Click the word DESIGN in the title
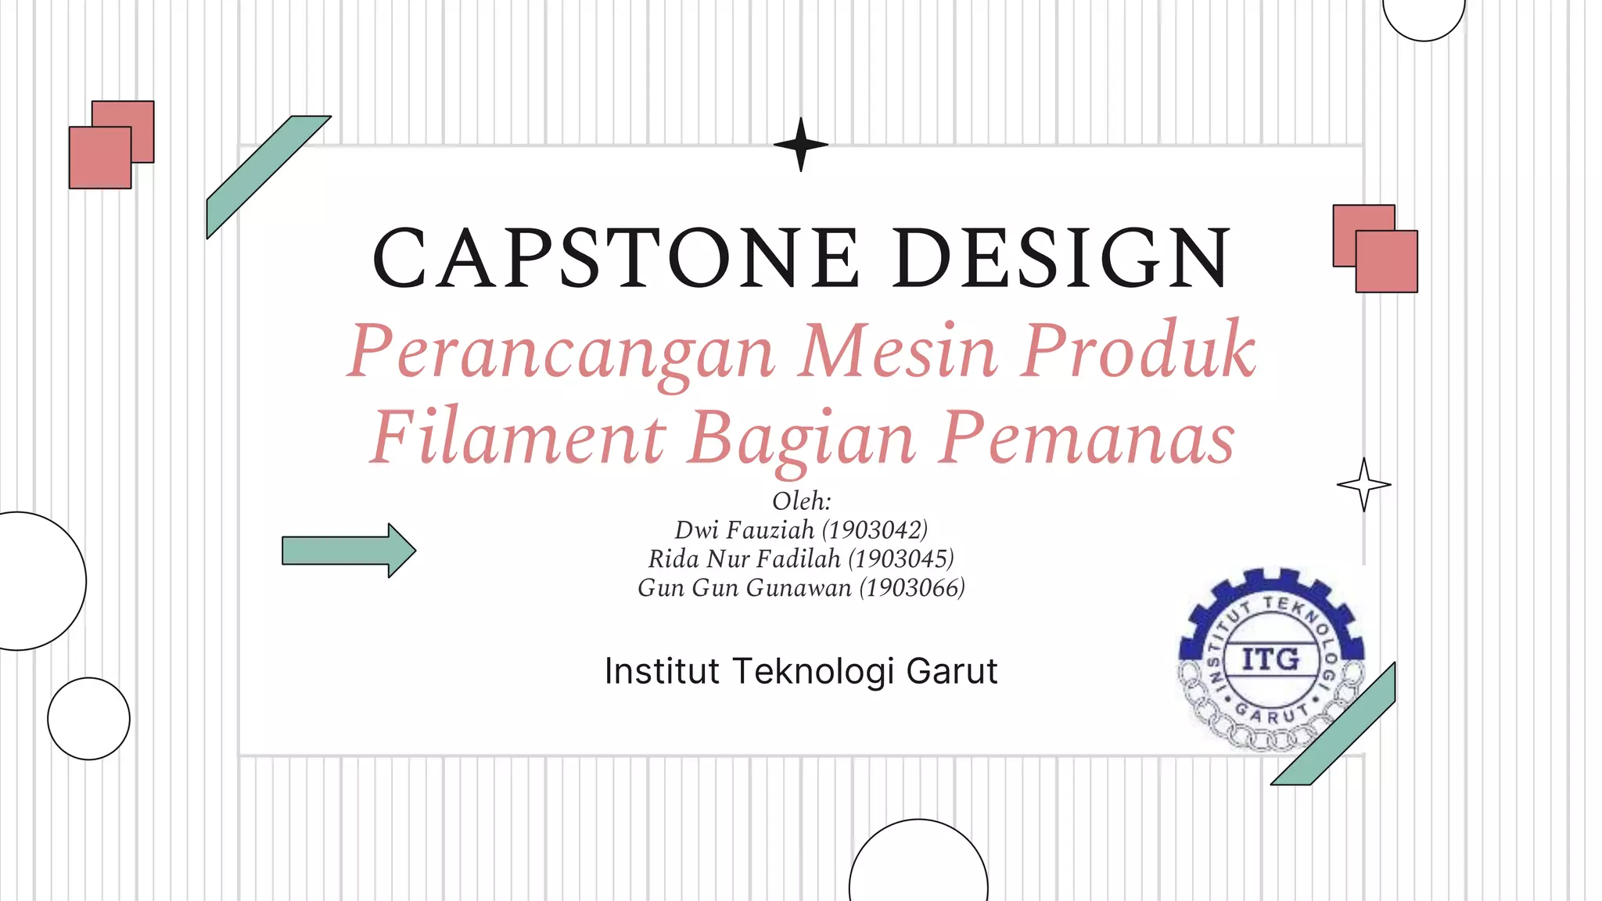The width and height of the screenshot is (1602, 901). coord(1062,258)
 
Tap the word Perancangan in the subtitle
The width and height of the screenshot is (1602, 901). coord(562,352)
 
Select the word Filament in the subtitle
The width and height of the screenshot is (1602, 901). coord(518,438)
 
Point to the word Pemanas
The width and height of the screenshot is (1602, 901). coord(1087,438)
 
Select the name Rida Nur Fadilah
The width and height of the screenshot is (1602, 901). coord(744,559)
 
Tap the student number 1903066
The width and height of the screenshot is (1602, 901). coord(912,588)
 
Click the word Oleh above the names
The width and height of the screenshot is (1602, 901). coord(799,501)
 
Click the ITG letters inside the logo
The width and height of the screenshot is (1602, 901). coord(1270,659)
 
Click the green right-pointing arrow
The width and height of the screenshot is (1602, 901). coord(348,551)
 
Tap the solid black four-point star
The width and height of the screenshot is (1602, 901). coord(800,145)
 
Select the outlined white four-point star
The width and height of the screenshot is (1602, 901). coord(1363,485)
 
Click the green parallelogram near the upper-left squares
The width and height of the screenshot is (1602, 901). coord(266,175)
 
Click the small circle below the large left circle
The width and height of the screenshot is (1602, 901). coord(88,719)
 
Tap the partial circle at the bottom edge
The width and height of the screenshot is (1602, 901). coord(918,864)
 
